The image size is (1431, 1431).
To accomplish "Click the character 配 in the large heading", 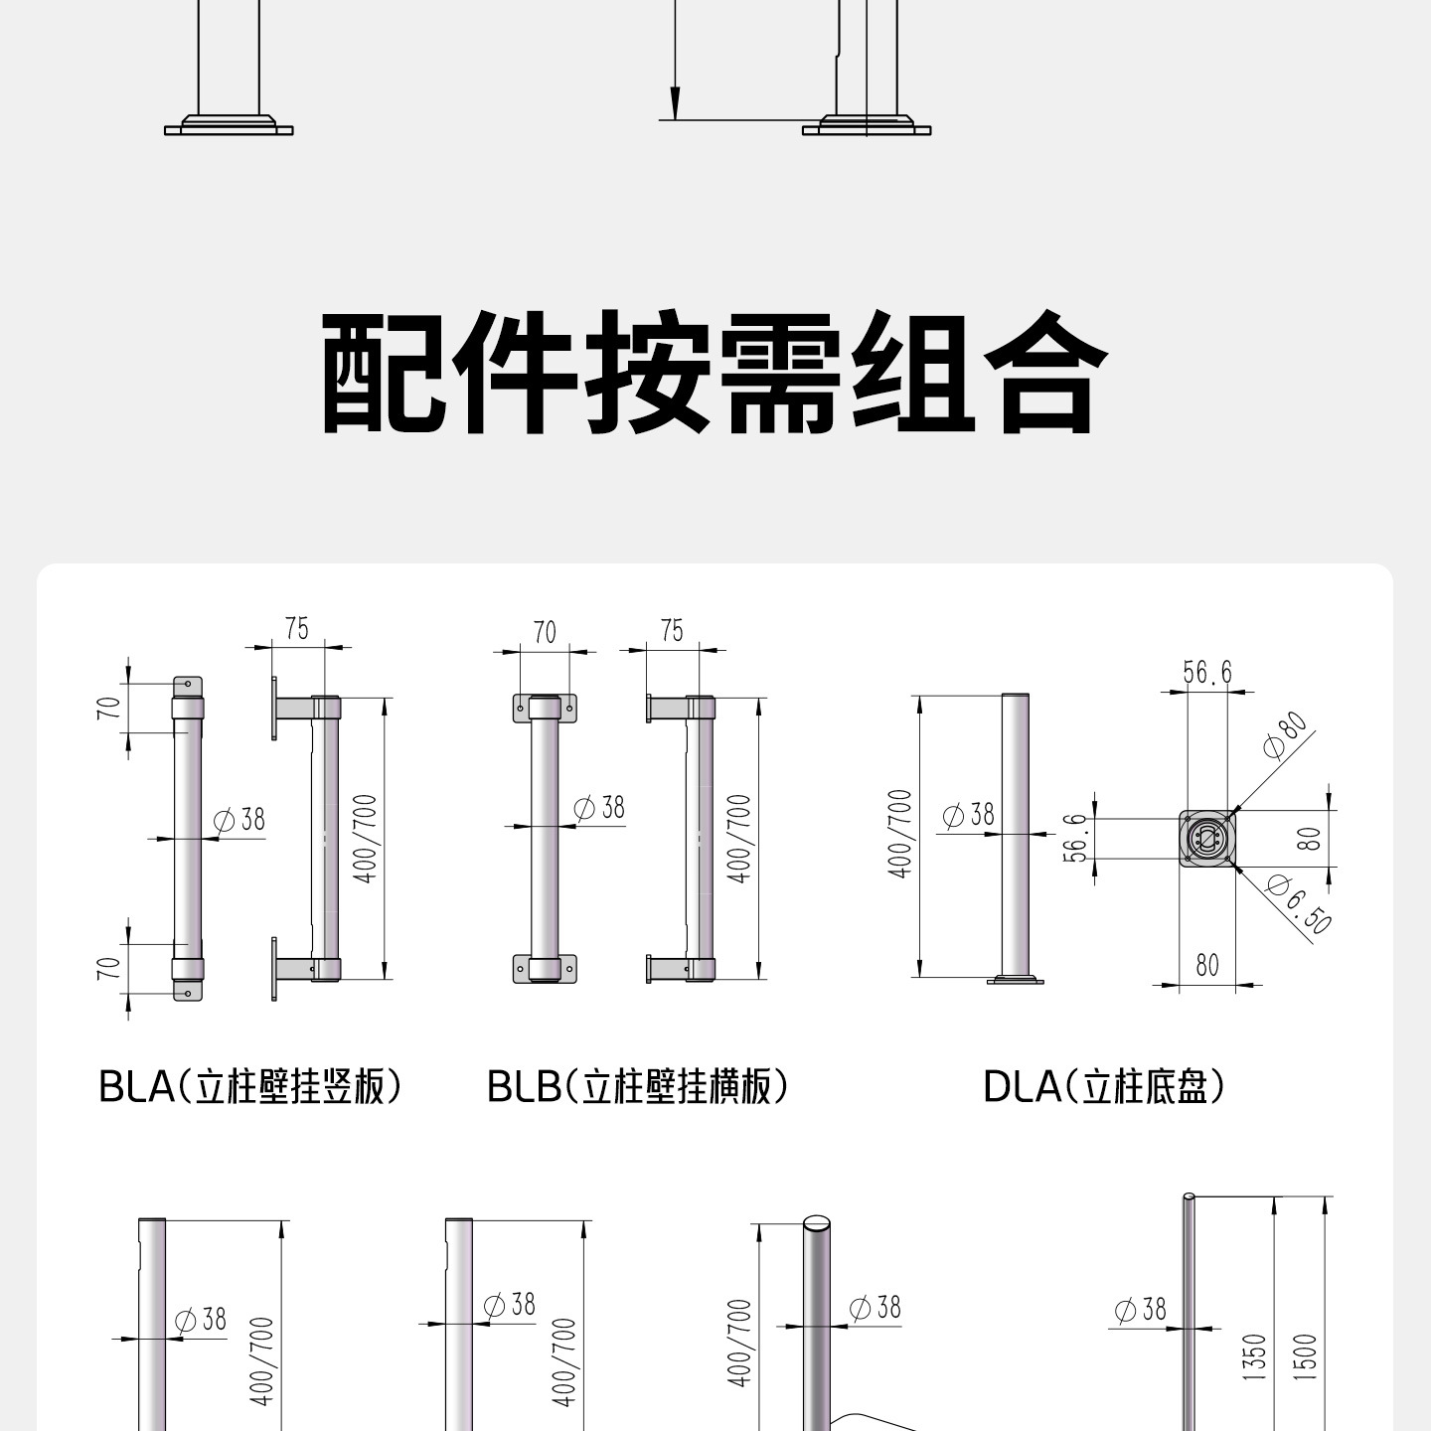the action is pos(385,372).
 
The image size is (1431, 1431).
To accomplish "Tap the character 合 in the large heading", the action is pos(1046,372).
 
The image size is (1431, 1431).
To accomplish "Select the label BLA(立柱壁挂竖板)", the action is pos(250,1087).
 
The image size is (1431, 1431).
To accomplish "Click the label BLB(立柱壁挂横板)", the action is pos(637,1087).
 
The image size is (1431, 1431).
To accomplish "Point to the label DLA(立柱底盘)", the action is pos(1103,1087).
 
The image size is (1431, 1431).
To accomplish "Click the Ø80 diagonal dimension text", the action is pos(1286,735).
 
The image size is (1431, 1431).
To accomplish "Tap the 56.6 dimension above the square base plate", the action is pos(1206,672).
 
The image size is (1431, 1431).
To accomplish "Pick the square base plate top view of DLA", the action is pos(1207,839).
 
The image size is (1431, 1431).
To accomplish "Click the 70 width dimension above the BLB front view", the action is pos(545,633).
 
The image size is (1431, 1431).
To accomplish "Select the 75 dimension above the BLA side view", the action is pos(296,629).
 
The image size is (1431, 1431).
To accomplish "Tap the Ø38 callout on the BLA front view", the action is pos(239,820).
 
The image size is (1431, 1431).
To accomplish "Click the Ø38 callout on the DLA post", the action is pos(968,815).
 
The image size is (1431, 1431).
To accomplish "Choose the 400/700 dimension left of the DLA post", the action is pos(900,834).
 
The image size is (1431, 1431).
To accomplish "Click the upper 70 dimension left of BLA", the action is pos(108,708).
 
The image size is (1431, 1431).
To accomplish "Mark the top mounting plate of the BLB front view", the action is pos(546,709).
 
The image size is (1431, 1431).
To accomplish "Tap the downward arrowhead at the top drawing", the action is pos(675,102).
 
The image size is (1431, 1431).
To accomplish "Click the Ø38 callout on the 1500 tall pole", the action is pos(1141,1309).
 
